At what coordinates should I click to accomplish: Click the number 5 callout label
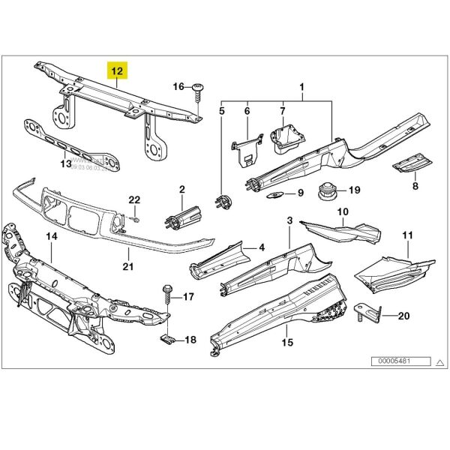pyautogui.click(x=222, y=111)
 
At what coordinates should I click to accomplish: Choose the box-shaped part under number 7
pyautogui.click(x=286, y=139)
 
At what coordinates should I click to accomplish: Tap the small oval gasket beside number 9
pyautogui.click(x=274, y=193)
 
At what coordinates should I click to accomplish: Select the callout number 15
pyautogui.click(x=286, y=343)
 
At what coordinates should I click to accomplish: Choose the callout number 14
pyautogui.click(x=52, y=238)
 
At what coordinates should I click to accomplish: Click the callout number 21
pyautogui.click(x=127, y=265)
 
